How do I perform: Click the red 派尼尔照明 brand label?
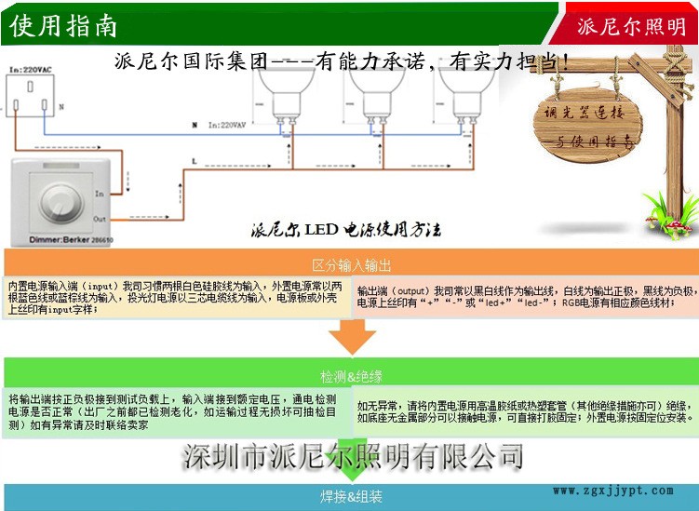(x=631, y=26)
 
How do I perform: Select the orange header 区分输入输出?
(x=351, y=265)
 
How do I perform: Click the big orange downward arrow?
(x=352, y=336)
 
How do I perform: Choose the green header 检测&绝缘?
(x=351, y=376)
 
